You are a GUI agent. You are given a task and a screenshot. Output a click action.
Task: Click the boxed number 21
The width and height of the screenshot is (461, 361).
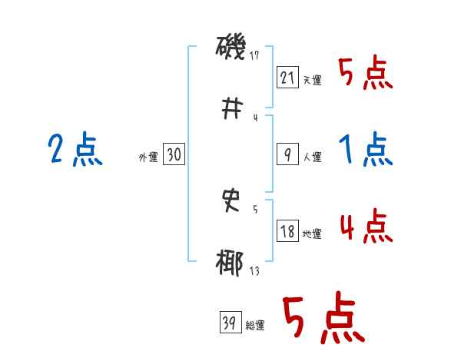pyautogui.click(x=287, y=78)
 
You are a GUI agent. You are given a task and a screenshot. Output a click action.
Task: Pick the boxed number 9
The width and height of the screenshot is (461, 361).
pyautogui.click(x=287, y=154)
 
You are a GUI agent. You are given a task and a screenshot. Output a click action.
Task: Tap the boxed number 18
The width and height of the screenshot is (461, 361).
pyautogui.click(x=287, y=231)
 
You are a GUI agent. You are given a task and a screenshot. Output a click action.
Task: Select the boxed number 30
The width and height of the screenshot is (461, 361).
pyautogui.click(x=174, y=155)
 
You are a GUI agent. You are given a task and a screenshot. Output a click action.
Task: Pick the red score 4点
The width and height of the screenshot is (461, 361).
pyautogui.click(x=366, y=226)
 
